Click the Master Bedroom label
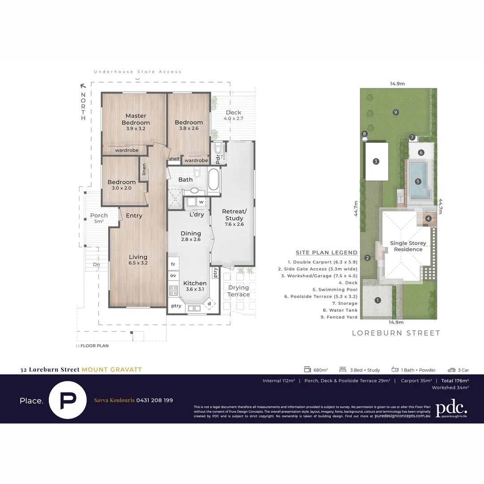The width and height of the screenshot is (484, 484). [x=135, y=119]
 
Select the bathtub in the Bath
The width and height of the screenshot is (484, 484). [x=214, y=180]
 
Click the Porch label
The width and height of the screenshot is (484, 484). [x=99, y=216]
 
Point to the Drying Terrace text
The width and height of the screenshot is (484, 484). [x=238, y=291]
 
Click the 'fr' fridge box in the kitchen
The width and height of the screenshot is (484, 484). [x=173, y=264]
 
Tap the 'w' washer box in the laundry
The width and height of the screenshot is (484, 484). [x=201, y=202]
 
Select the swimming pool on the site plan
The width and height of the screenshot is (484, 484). [x=418, y=181]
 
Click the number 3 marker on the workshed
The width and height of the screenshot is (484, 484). [x=376, y=161]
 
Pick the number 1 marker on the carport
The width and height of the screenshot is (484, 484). [x=378, y=300]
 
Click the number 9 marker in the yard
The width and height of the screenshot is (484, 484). [x=396, y=112]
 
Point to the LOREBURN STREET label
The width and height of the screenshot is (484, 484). [x=396, y=333]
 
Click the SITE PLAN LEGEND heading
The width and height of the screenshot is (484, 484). [x=326, y=253]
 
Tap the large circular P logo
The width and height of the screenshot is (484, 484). [x=68, y=400]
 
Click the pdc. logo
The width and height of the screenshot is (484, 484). [x=451, y=408]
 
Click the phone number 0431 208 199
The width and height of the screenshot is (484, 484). [x=154, y=400]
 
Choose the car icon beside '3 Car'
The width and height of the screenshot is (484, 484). [x=451, y=370]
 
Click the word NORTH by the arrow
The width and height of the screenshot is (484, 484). [x=83, y=106]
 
